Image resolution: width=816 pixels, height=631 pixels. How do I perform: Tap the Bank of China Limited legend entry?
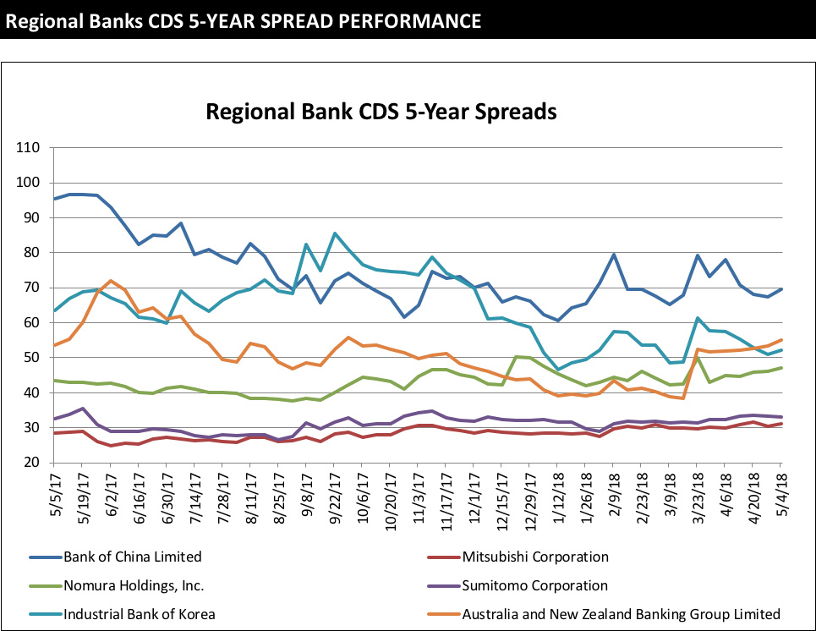pyautogui.click(x=133, y=557)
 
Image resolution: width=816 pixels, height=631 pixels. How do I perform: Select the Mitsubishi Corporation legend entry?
pyautogui.click(x=535, y=557)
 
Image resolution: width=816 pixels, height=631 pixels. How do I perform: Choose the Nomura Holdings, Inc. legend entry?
pyautogui.click(x=134, y=585)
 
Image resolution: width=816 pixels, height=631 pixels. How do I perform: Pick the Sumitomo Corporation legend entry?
pyautogui.click(x=534, y=585)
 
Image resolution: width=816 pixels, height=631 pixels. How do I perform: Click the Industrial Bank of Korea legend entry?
pyautogui.click(x=140, y=614)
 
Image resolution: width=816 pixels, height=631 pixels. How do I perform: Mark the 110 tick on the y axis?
pyautogui.click(x=28, y=147)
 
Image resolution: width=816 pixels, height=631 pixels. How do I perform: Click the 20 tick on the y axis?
pyautogui.click(x=31, y=463)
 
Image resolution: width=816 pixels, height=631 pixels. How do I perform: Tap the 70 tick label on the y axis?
pyautogui.click(x=31, y=288)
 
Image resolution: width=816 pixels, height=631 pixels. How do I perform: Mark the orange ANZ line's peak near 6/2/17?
pyautogui.click(x=111, y=281)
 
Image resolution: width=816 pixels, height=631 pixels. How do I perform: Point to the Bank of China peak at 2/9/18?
pyautogui.click(x=614, y=255)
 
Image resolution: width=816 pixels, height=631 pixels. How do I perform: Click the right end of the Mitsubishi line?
pyautogui.click(x=780, y=424)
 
